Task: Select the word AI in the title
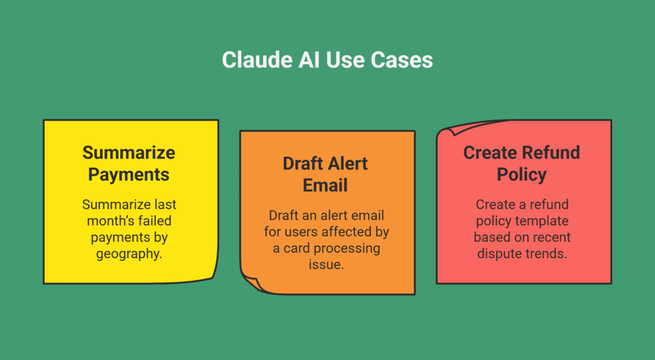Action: pyautogui.click(x=309, y=59)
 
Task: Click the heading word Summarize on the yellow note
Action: pyautogui.click(x=129, y=153)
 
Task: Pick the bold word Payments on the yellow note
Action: pyautogui.click(x=129, y=175)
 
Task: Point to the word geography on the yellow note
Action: pyautogui.click(x=128, y=254)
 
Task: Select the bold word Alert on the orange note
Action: pyautogui.click(x=348, y=164)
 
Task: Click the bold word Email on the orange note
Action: pyautogui.click(x=325, y=185)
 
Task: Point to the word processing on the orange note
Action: pyautogui.click(x=347, y=249)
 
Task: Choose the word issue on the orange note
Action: pyautogui.click(x=326, y=264)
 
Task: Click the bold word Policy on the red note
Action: pyautogui.click(x=522, y=175)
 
